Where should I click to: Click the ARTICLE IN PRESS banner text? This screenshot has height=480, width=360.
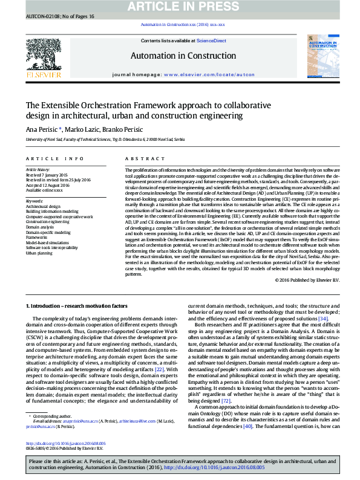click(180, 7)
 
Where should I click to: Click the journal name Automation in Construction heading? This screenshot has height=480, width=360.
click(183, 56)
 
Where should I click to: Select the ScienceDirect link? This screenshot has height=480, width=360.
click(211, 41)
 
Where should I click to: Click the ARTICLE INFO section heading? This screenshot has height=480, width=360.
click(54, 158)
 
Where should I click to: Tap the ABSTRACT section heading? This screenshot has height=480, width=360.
click(137, 158)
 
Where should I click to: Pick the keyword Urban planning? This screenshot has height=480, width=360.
click(38, 253)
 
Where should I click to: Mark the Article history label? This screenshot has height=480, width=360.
click(38, 170)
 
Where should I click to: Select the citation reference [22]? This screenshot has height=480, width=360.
click(159, 368)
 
